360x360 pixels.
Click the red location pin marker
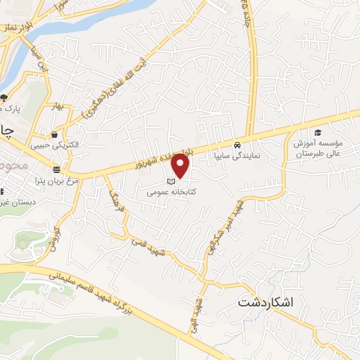[181, 166]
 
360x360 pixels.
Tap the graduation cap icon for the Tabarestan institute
[317, 132]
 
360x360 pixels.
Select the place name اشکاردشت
[264, 303]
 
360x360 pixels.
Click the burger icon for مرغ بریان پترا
[56, 170]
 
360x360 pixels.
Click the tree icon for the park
[4, 97]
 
